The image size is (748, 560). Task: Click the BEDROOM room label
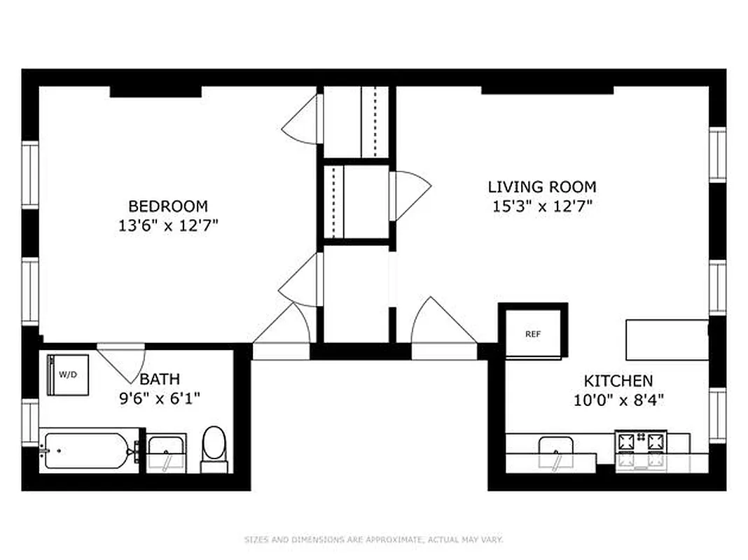click(x=168, y=206)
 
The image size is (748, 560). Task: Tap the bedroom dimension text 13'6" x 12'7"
click(x=168, y=225)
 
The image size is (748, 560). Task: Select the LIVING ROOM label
click(x=542, y=187)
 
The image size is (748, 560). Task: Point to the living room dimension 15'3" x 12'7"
click(x=542, y=206)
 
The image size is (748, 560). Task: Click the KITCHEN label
click(x=618, y=381)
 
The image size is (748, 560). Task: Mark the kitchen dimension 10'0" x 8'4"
click(x=618, y=400)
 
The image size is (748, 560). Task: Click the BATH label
click(x=160, y=379)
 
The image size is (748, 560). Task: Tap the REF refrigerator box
click(x=533, y=334)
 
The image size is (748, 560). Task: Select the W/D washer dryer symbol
click(x=68, y=374)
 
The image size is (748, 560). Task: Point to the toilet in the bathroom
click(x=214, y=448)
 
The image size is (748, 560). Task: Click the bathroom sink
click(x=166, y=450)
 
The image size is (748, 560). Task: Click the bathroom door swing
click(x=120, y=358)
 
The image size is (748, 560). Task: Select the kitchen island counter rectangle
click(x=667, y=339)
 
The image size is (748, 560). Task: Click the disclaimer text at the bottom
click(x=373, y=540)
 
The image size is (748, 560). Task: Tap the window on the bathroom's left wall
click(x=30, y=422)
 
